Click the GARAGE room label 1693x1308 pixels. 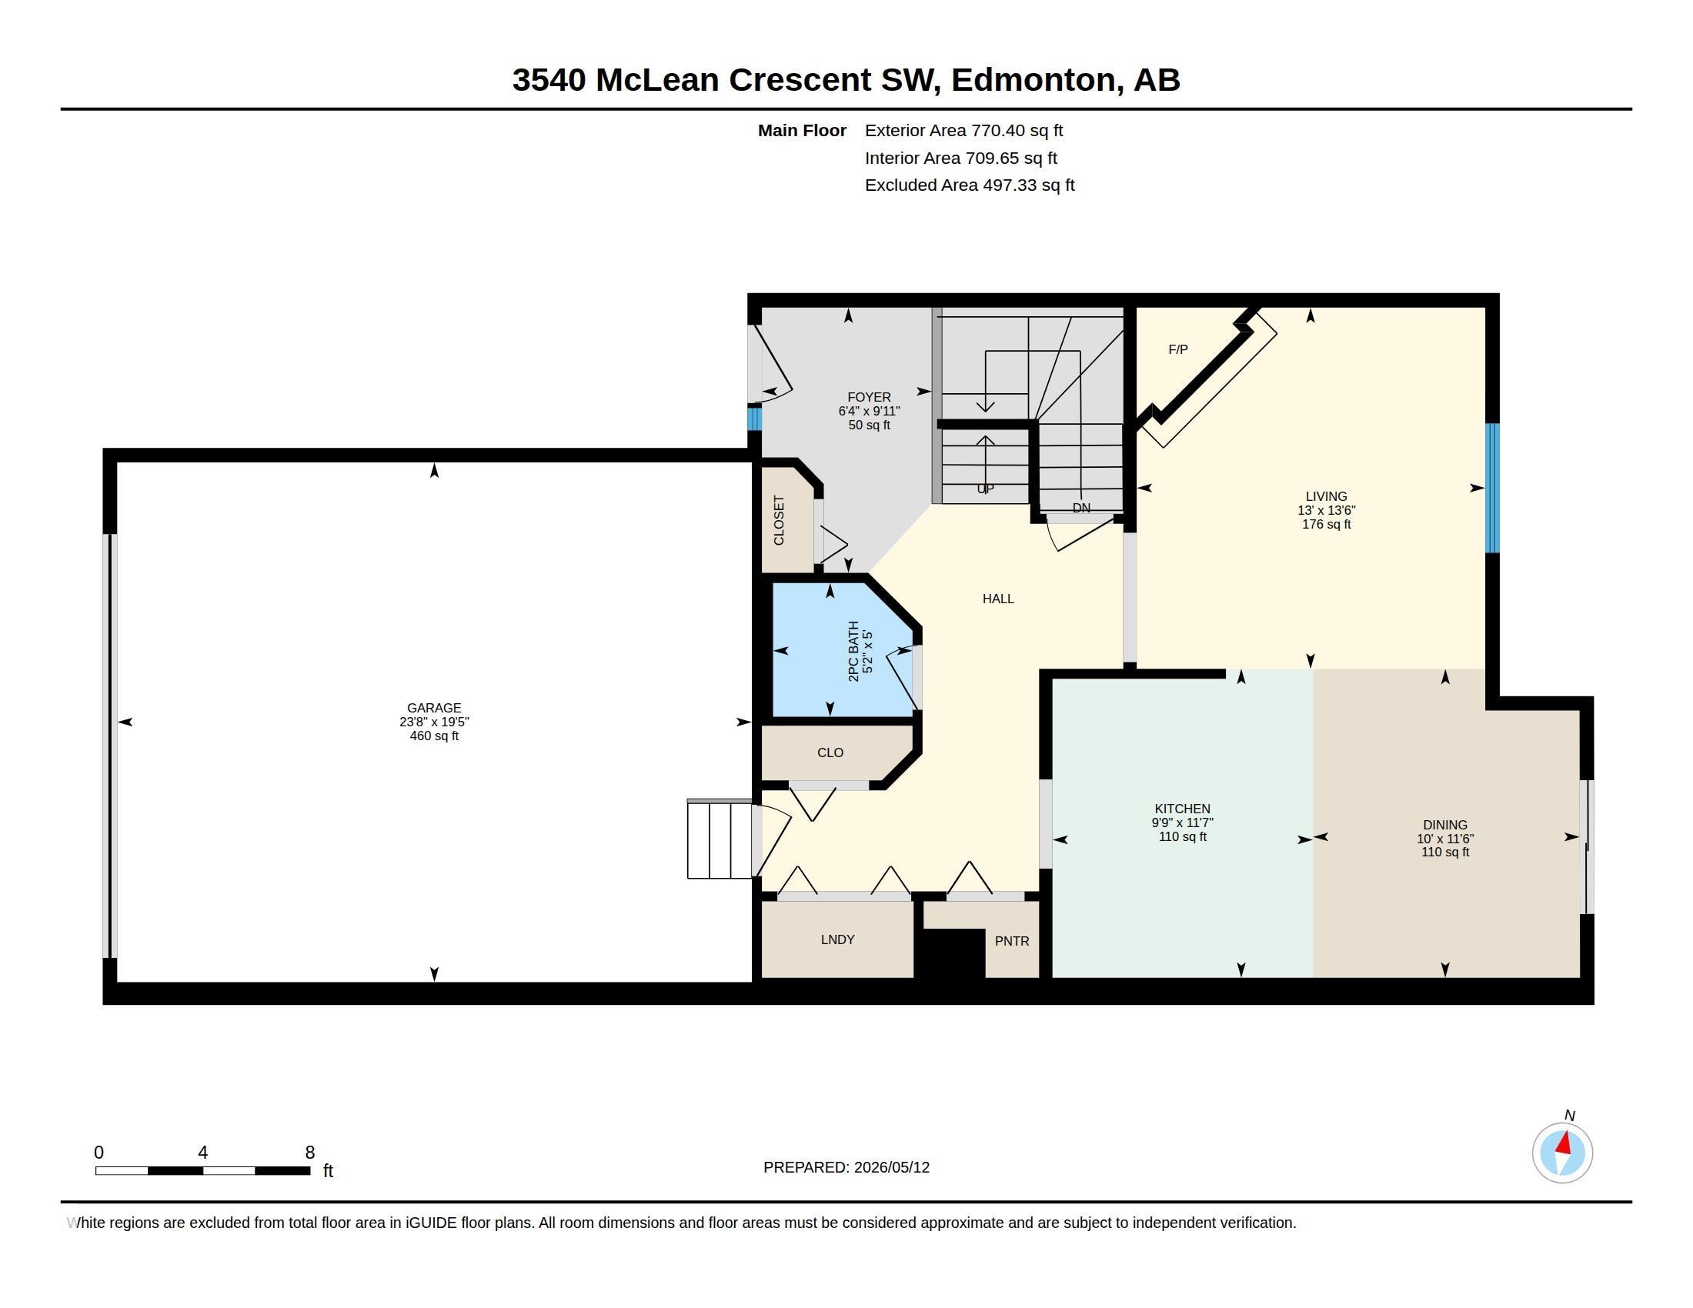tap(434, 707)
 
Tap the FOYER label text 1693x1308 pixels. tap(869, 397)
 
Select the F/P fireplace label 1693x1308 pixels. tap(1177, 349)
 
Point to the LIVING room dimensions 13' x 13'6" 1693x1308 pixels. tap(1327, 511)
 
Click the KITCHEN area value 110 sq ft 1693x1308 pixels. tap(1182, 837)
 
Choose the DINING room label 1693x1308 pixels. tap(1445, 825)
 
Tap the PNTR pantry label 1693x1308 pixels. tap(1012, 941)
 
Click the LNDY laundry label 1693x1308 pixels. tap(837, 939)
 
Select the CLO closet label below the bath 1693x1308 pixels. tap(830, 752)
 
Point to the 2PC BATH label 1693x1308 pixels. tap(853, 651)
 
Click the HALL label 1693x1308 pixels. tap(997, 598)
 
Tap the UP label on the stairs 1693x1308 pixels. tap(984, 489)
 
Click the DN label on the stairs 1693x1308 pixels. tap(1081, 508)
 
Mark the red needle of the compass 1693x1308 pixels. tap(1564, 1143)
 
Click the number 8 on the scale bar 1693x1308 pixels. tap(310, 1153)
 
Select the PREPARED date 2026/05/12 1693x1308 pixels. tap(891, 1167)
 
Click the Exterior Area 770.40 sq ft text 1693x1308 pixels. tap(963, 130)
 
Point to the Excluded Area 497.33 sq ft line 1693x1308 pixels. tap(970, 185)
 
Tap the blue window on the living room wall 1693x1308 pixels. tap(1492, 488)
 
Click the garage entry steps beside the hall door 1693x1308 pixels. tap(720, 839)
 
